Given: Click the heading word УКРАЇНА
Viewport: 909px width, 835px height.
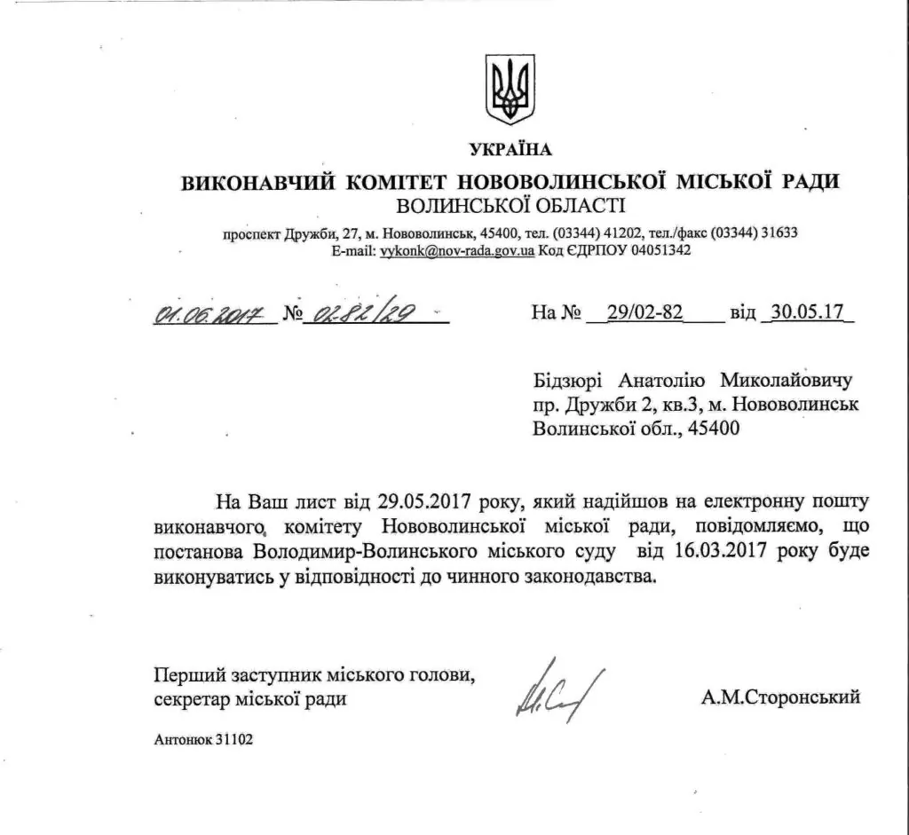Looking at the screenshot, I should click(510, 148).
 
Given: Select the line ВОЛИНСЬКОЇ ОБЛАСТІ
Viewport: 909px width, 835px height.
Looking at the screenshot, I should click(510, 207).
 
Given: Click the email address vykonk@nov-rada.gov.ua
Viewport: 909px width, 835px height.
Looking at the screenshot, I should click(457, 251).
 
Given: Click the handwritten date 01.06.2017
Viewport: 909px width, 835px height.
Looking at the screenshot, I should click(209, 313).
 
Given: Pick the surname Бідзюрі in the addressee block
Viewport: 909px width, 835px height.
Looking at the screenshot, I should click(569, 382).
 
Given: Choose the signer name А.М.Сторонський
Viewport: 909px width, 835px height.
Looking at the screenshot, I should click(779, 697).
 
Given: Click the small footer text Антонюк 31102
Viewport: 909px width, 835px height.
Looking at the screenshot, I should click(203, 739).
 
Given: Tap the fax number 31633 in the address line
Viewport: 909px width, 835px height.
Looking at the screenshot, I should click(779, 233).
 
